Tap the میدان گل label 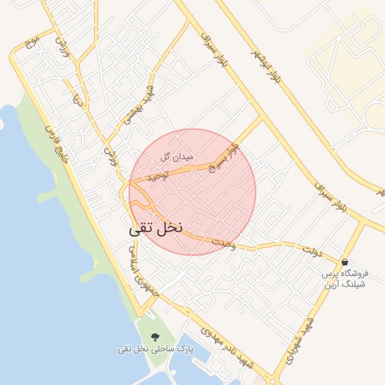177,158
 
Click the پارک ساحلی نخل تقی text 156,350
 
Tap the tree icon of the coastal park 156,338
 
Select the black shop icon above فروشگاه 344,262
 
